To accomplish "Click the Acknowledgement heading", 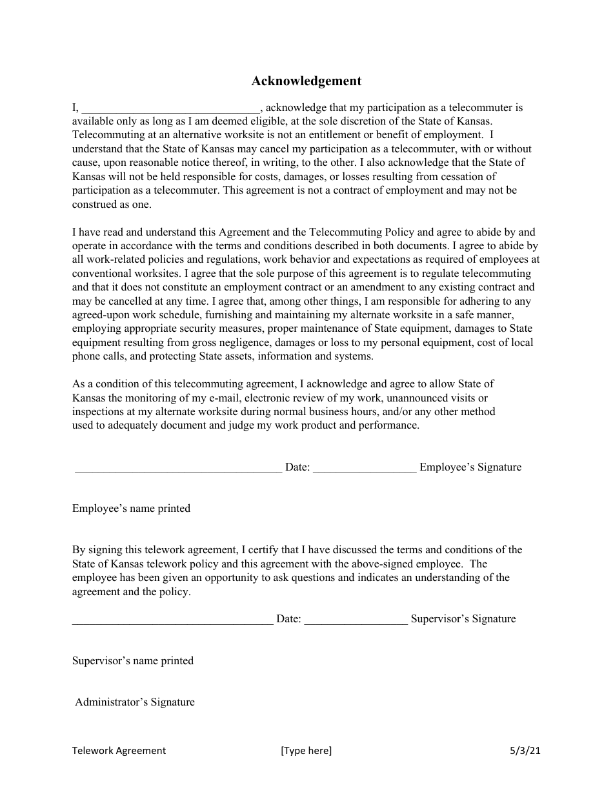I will pyautogui.click(x=306, y=81).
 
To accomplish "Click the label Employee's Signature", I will pyautogui.click(x=470, y=467).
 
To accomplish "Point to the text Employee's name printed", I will pyautogui.click(x=131, y=509).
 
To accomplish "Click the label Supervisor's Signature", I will pyautogui.click(x=463, y=619).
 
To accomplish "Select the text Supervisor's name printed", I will pyautogui.click(x=133, y=661).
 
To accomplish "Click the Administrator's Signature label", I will pyautogui.click(x=135, y=702).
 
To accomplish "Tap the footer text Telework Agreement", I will pyautogui.click(x=119, y=750).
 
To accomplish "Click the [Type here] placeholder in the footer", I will pyautogui.click(x=306, y=750).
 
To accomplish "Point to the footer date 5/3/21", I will pyautogui.click(x=525, y=750).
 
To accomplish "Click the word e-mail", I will pyautogui.click(x=219, y=398).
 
